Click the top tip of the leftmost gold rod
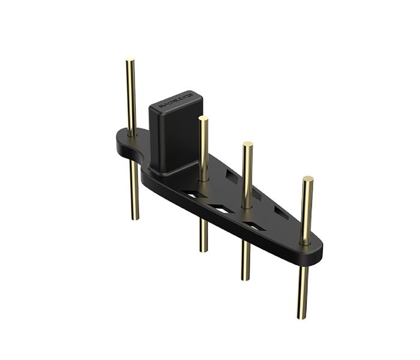130,60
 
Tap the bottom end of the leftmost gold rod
135,217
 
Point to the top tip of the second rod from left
203,118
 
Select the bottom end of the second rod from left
204,250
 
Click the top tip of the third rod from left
247,145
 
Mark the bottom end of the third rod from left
245,278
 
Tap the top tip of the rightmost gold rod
308,179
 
